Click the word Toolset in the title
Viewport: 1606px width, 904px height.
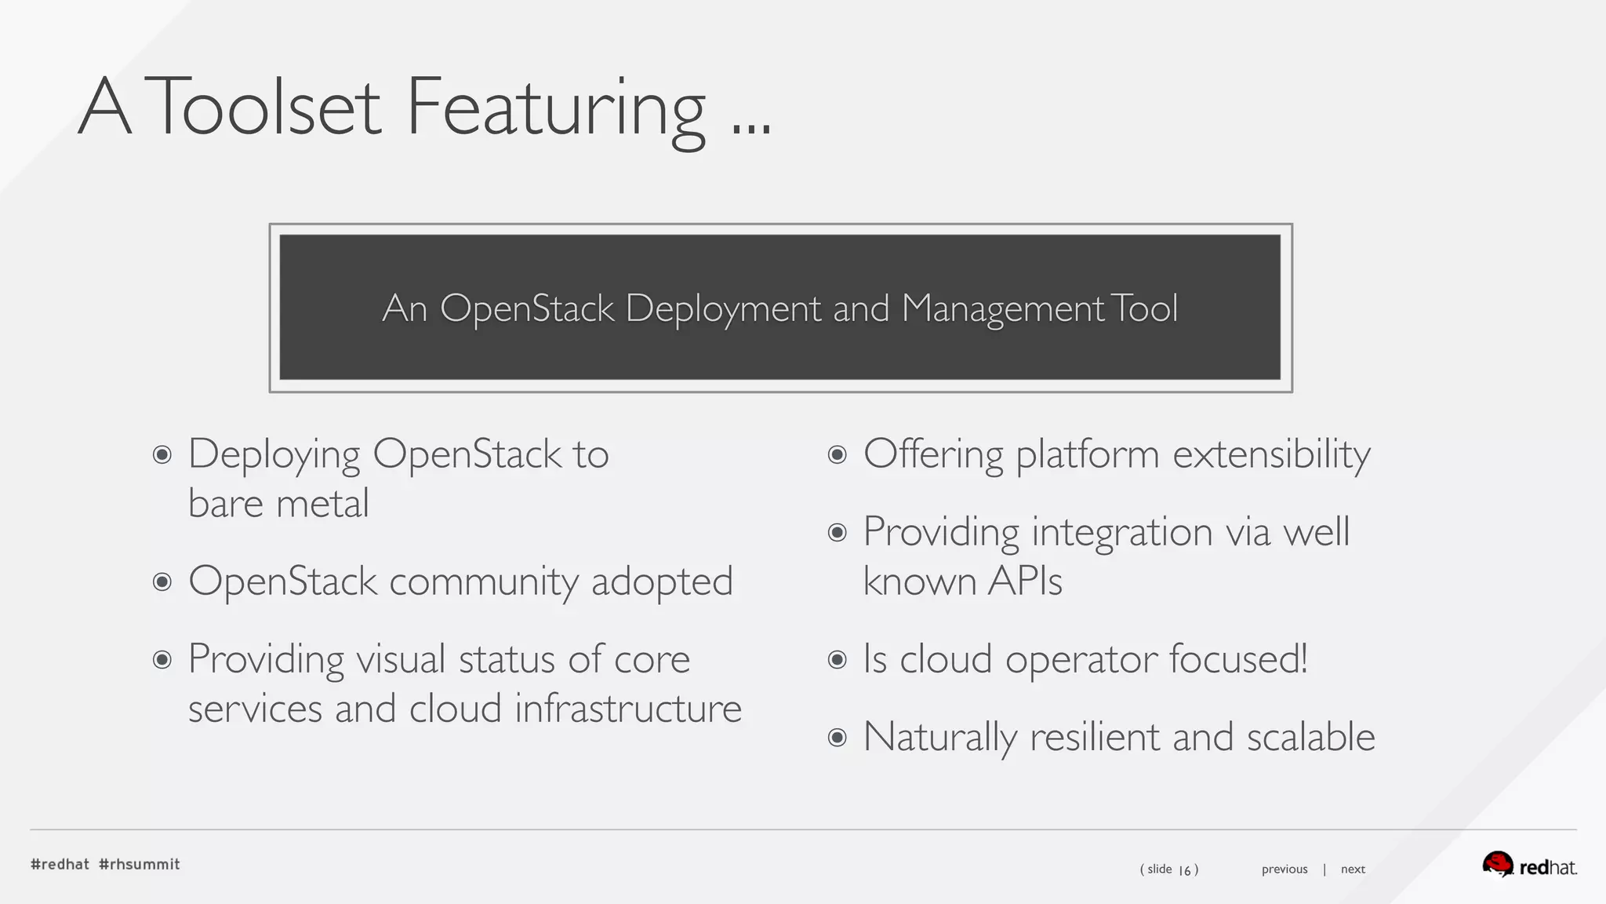(x=262, y=108)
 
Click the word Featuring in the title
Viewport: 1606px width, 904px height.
(x=555, y=108)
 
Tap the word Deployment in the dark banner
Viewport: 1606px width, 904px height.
(x=723, y=308)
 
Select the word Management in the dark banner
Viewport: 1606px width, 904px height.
(x=1003, y=308)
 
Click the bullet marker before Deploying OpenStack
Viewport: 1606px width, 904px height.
(x=162, y=454)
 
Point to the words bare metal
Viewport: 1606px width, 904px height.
(x=278, y=504)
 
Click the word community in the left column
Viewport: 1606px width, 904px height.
(x=484, y=581)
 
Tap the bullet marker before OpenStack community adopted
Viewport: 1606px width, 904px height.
(x=162, y=581)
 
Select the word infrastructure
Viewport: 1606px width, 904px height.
(x=628, y=709)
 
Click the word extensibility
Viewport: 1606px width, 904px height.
(x=1271, y=454)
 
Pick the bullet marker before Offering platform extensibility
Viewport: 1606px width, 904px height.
(x=838, y=454)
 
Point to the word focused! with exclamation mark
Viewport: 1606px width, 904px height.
(x=1238, y=659)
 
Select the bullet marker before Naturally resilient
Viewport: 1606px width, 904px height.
(x=838, y=738)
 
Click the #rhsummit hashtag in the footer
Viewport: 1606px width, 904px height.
(x=140, y=864)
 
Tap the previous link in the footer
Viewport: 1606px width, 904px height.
(x=1284, y=869)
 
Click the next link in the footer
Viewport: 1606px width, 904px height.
(x=1353, y=869)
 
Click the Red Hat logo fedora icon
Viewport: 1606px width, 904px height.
(x=1497, y=864)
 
